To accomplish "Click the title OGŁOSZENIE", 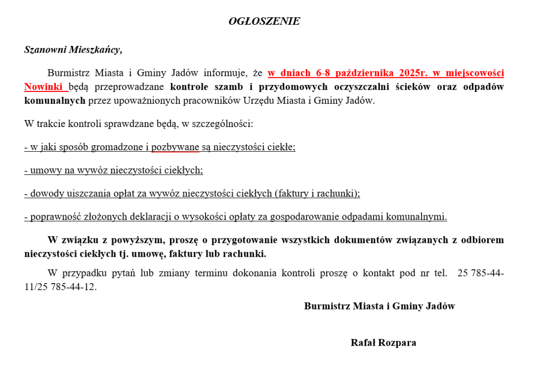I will (264, 21).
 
